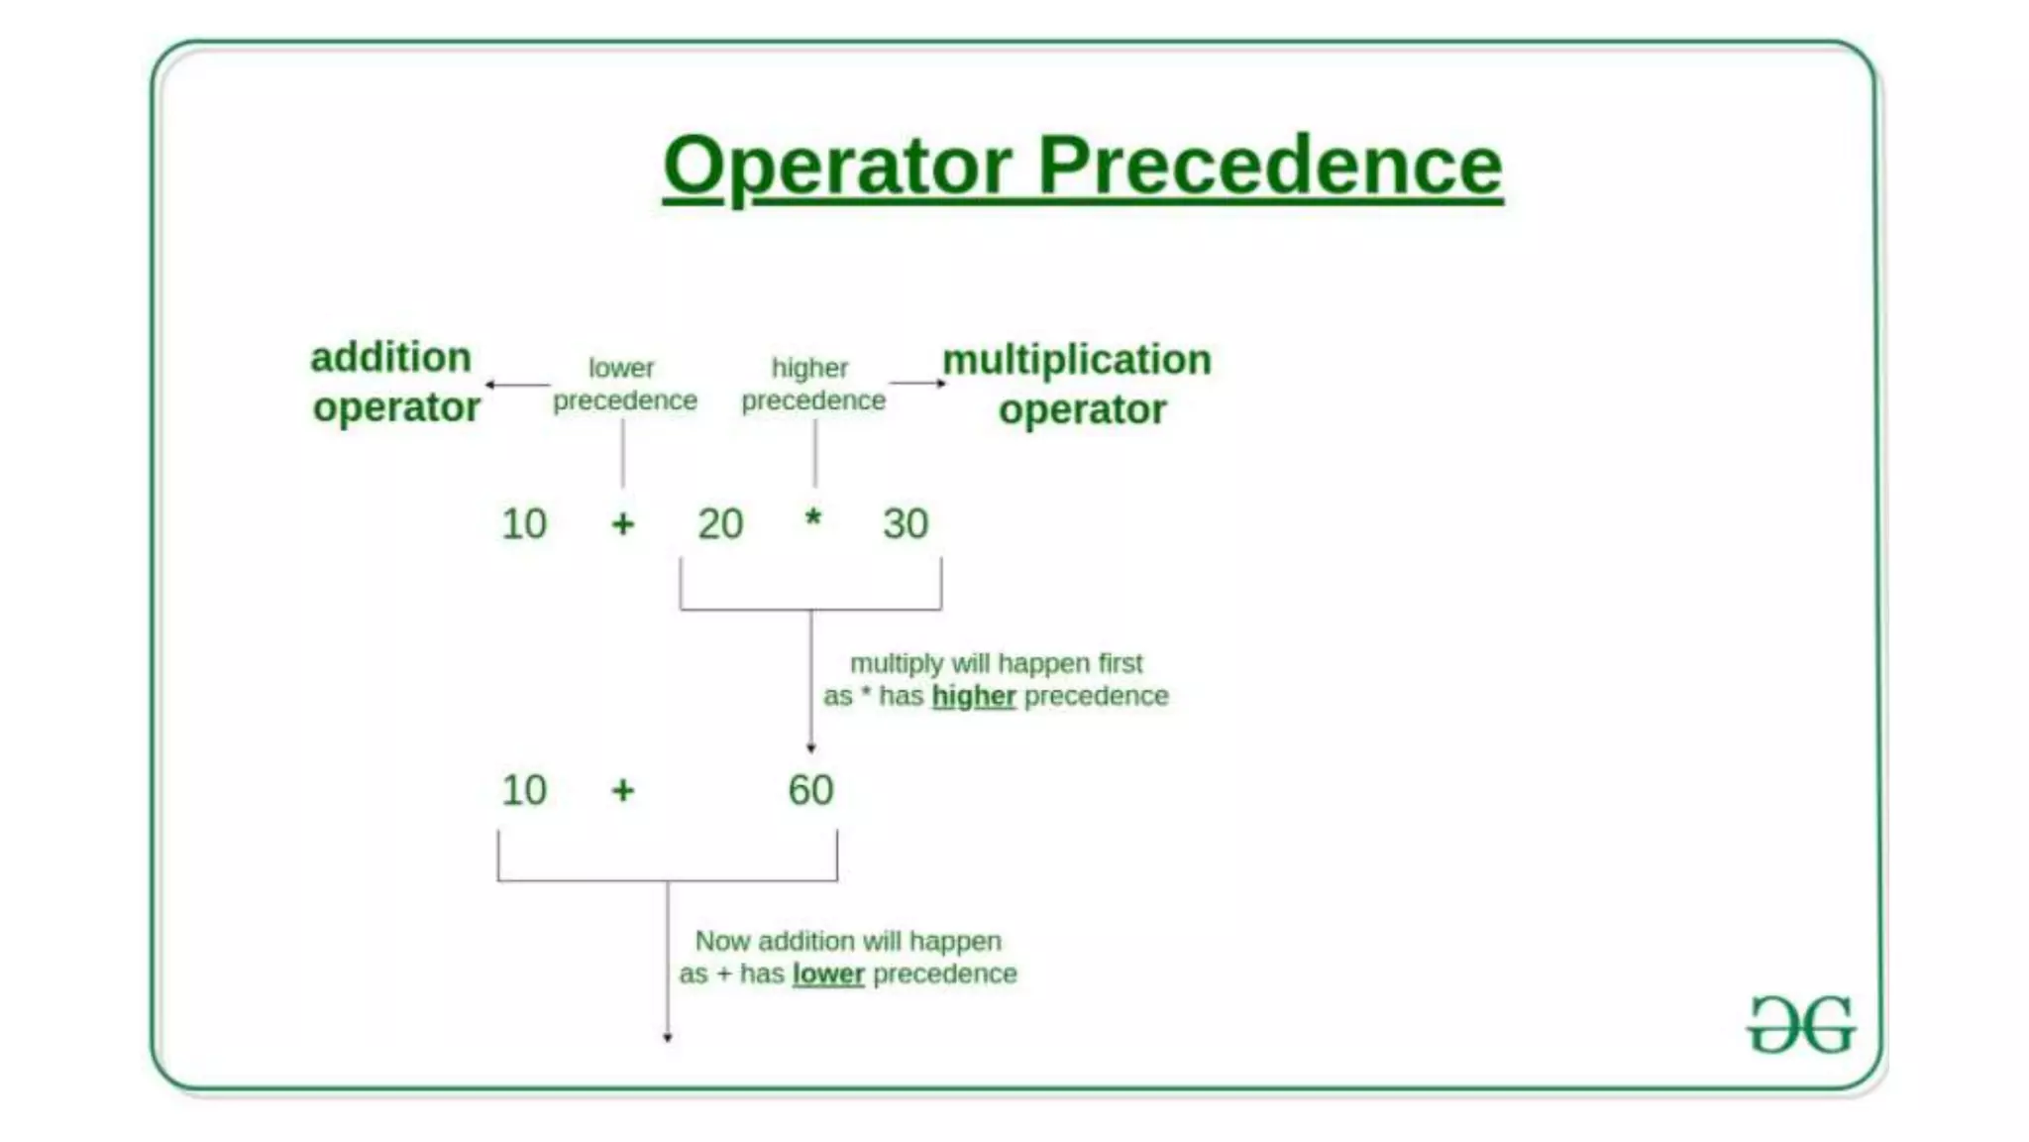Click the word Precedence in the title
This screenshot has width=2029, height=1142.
[1270, 166]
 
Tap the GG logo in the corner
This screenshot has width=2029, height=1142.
[1800, 1025]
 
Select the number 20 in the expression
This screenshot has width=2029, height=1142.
[720, 523]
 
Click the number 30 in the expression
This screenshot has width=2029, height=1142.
[906, 523]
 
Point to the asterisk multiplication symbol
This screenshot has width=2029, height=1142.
[812, 518]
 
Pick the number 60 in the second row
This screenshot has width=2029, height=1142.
[810, 790]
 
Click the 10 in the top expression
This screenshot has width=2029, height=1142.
[524, 523]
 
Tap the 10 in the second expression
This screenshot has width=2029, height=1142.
[524, 790]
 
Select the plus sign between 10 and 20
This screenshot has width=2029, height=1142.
[622, 523]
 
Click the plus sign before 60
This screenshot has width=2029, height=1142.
[622, 790]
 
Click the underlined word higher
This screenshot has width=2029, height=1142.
[974, 696]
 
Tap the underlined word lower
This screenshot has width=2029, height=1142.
[828, 973]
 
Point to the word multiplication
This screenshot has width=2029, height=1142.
[1077, 359]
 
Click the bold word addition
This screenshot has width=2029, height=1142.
[390, 357]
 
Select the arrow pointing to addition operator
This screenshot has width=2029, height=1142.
[515, 385]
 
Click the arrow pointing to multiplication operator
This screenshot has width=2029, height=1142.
[917, 383]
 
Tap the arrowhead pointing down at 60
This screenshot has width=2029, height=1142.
[811, 746]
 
